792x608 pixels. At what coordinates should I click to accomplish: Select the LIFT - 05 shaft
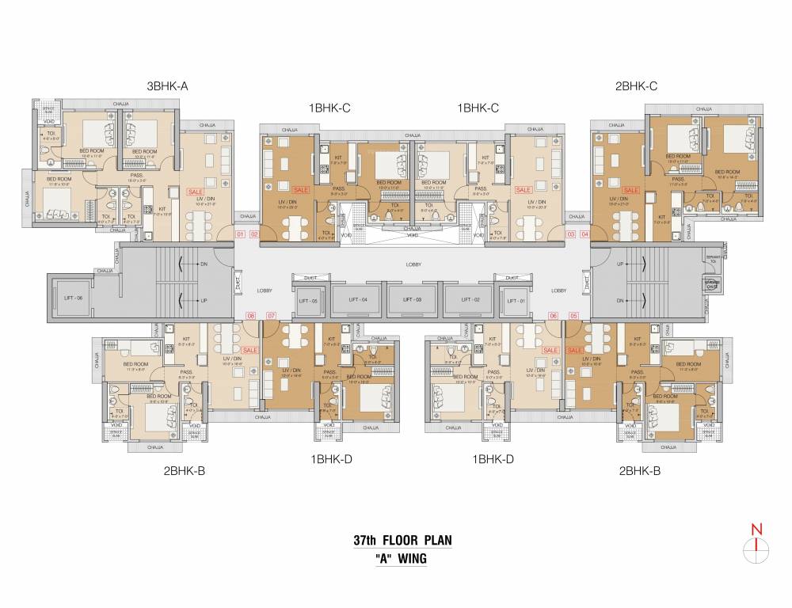[x=307, y=300]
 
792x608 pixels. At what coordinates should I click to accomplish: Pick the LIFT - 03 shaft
[x=412, y=300]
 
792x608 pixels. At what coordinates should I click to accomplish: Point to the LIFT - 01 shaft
[x=516, y=300]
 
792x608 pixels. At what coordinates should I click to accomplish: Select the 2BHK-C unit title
[x=636, y=85]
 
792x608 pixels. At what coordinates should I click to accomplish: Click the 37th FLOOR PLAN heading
[x=403, y=541]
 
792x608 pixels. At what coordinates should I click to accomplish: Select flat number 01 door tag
[x=242, y=234]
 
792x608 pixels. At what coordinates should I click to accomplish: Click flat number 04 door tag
[x=584, y=234]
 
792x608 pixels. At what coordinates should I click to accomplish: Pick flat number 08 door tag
[x=251, y=317]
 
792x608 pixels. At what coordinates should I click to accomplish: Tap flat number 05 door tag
[x=573, y=317]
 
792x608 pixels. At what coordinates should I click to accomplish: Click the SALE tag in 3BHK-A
[x=195, y=192]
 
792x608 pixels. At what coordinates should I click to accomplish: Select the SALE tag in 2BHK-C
[x=631, y=190]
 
